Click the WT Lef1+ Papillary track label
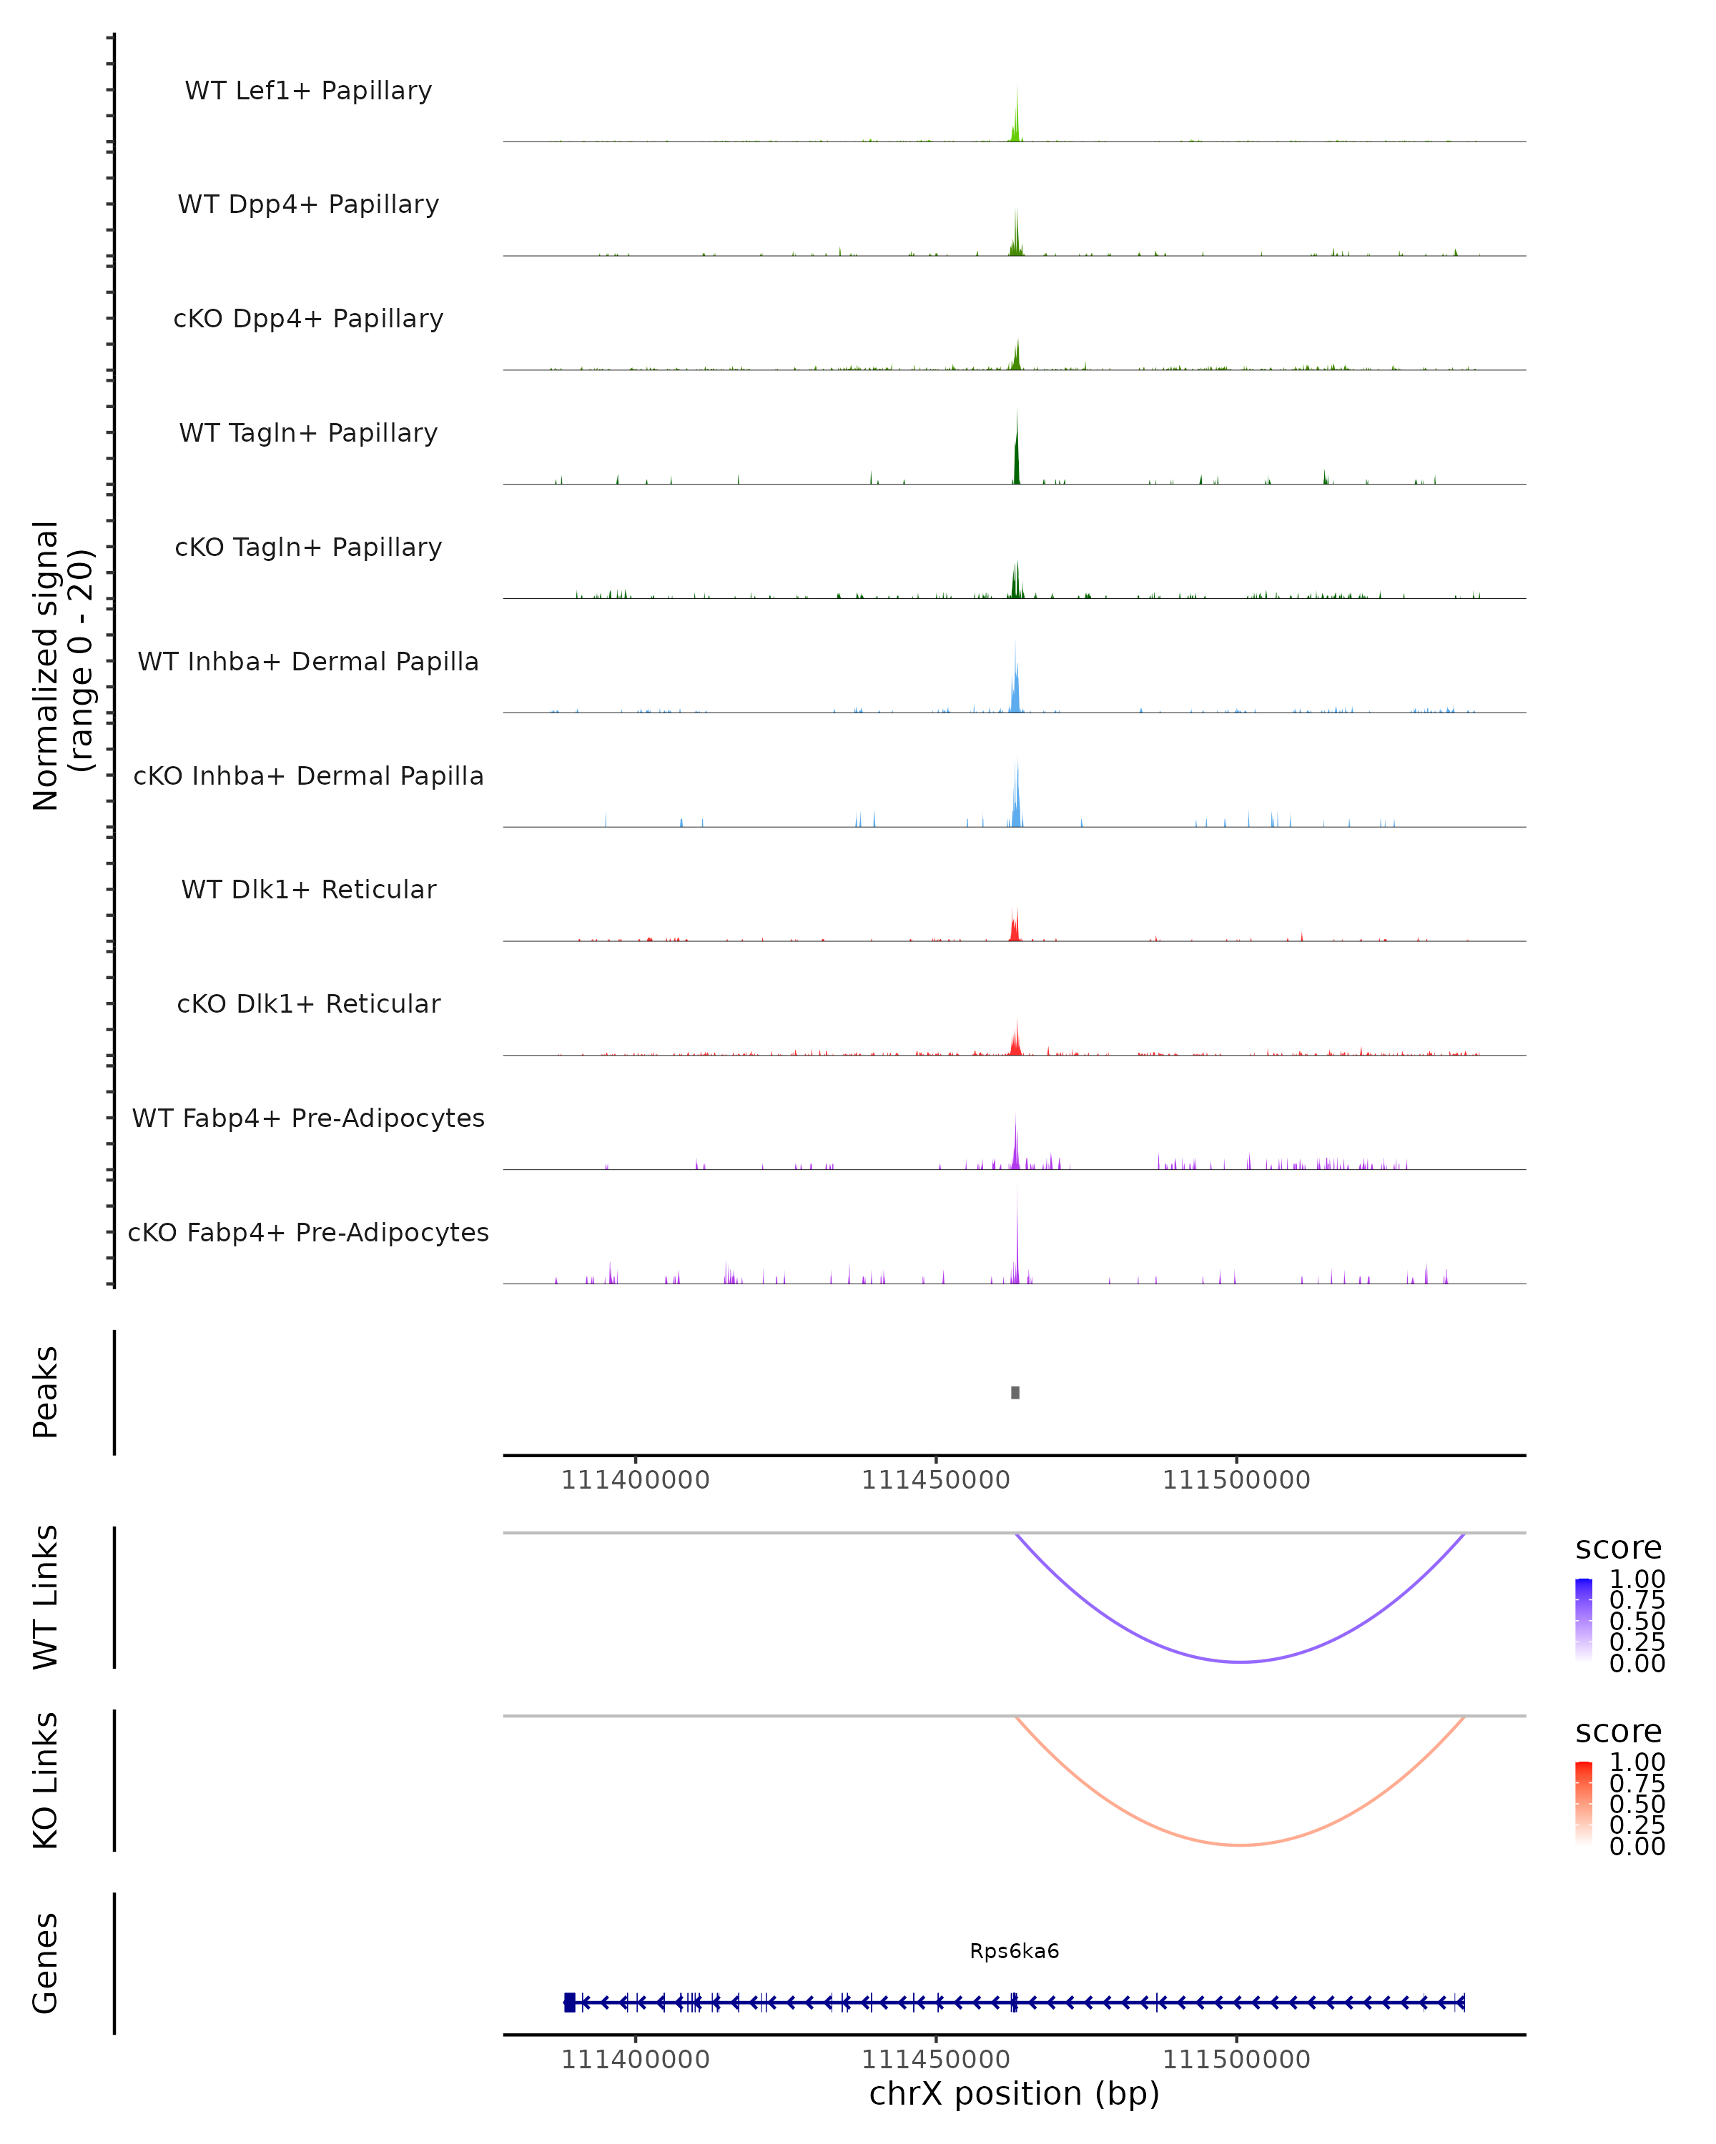point(308,91)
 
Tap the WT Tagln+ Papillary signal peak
point(1016,452)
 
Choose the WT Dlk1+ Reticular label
point(308,889)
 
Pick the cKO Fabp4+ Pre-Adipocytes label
point(308,1232)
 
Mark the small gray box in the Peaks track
point(1015,1392)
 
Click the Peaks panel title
point(46,1391)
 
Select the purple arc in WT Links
point(1240,1661)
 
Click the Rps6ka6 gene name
point(1014,1951)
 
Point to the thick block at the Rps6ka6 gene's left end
point(569,2002)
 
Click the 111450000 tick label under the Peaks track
point(935,1480)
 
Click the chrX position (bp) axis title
point(1014,2093)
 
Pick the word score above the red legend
point(1617,1732)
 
